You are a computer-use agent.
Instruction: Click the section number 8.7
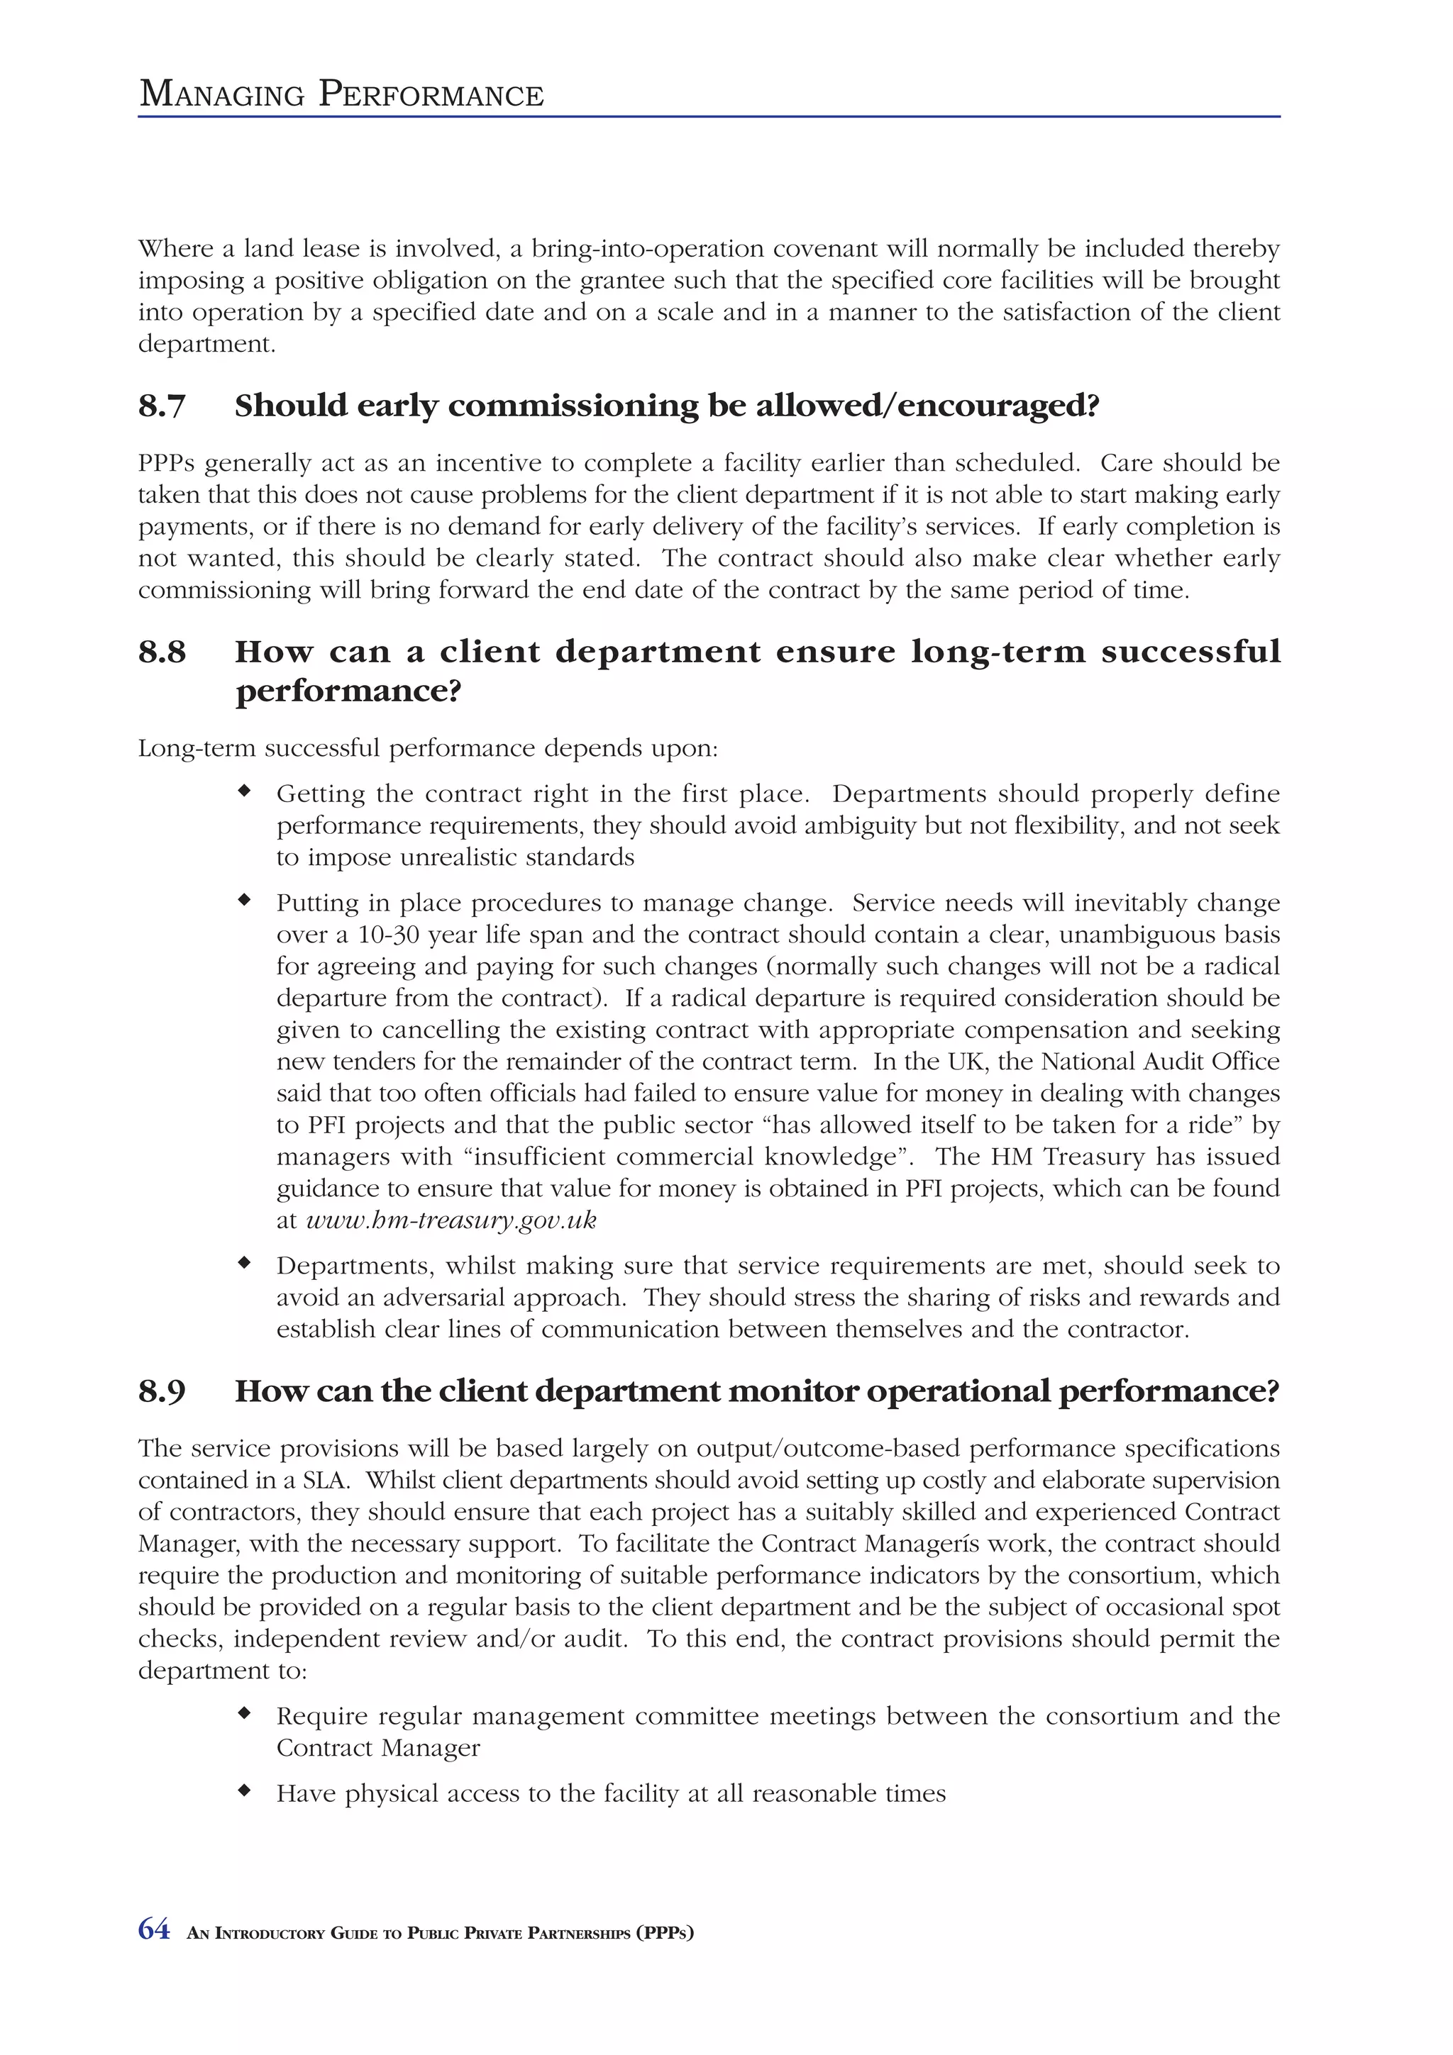161,406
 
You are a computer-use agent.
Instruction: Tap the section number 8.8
161,652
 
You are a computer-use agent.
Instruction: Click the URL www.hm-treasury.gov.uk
451,1220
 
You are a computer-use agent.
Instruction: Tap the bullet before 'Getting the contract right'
243,791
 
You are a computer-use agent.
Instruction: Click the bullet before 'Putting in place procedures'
243,901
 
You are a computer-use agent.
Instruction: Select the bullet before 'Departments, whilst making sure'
243,1263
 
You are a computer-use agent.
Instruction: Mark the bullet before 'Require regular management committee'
243,1713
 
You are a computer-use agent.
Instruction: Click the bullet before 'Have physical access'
243,1791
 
